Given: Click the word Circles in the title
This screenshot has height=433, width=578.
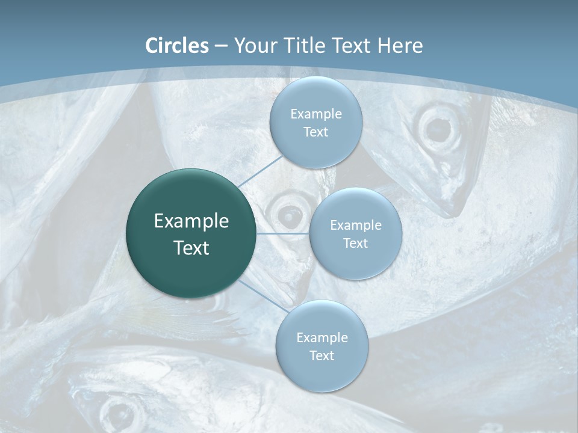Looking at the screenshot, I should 177,46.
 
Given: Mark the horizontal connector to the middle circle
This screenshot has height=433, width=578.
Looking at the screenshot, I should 283,233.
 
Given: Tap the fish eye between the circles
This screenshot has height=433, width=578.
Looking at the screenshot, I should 290,212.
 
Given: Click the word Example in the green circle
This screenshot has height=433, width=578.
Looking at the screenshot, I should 191,221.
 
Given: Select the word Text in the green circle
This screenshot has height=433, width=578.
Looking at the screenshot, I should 191,248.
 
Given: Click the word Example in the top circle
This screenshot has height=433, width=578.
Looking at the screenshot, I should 316,114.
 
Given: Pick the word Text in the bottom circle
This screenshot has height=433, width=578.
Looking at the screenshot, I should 322,356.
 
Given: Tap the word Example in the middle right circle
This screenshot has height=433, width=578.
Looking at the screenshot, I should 356,226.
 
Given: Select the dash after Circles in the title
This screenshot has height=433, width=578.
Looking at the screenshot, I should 220,46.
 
